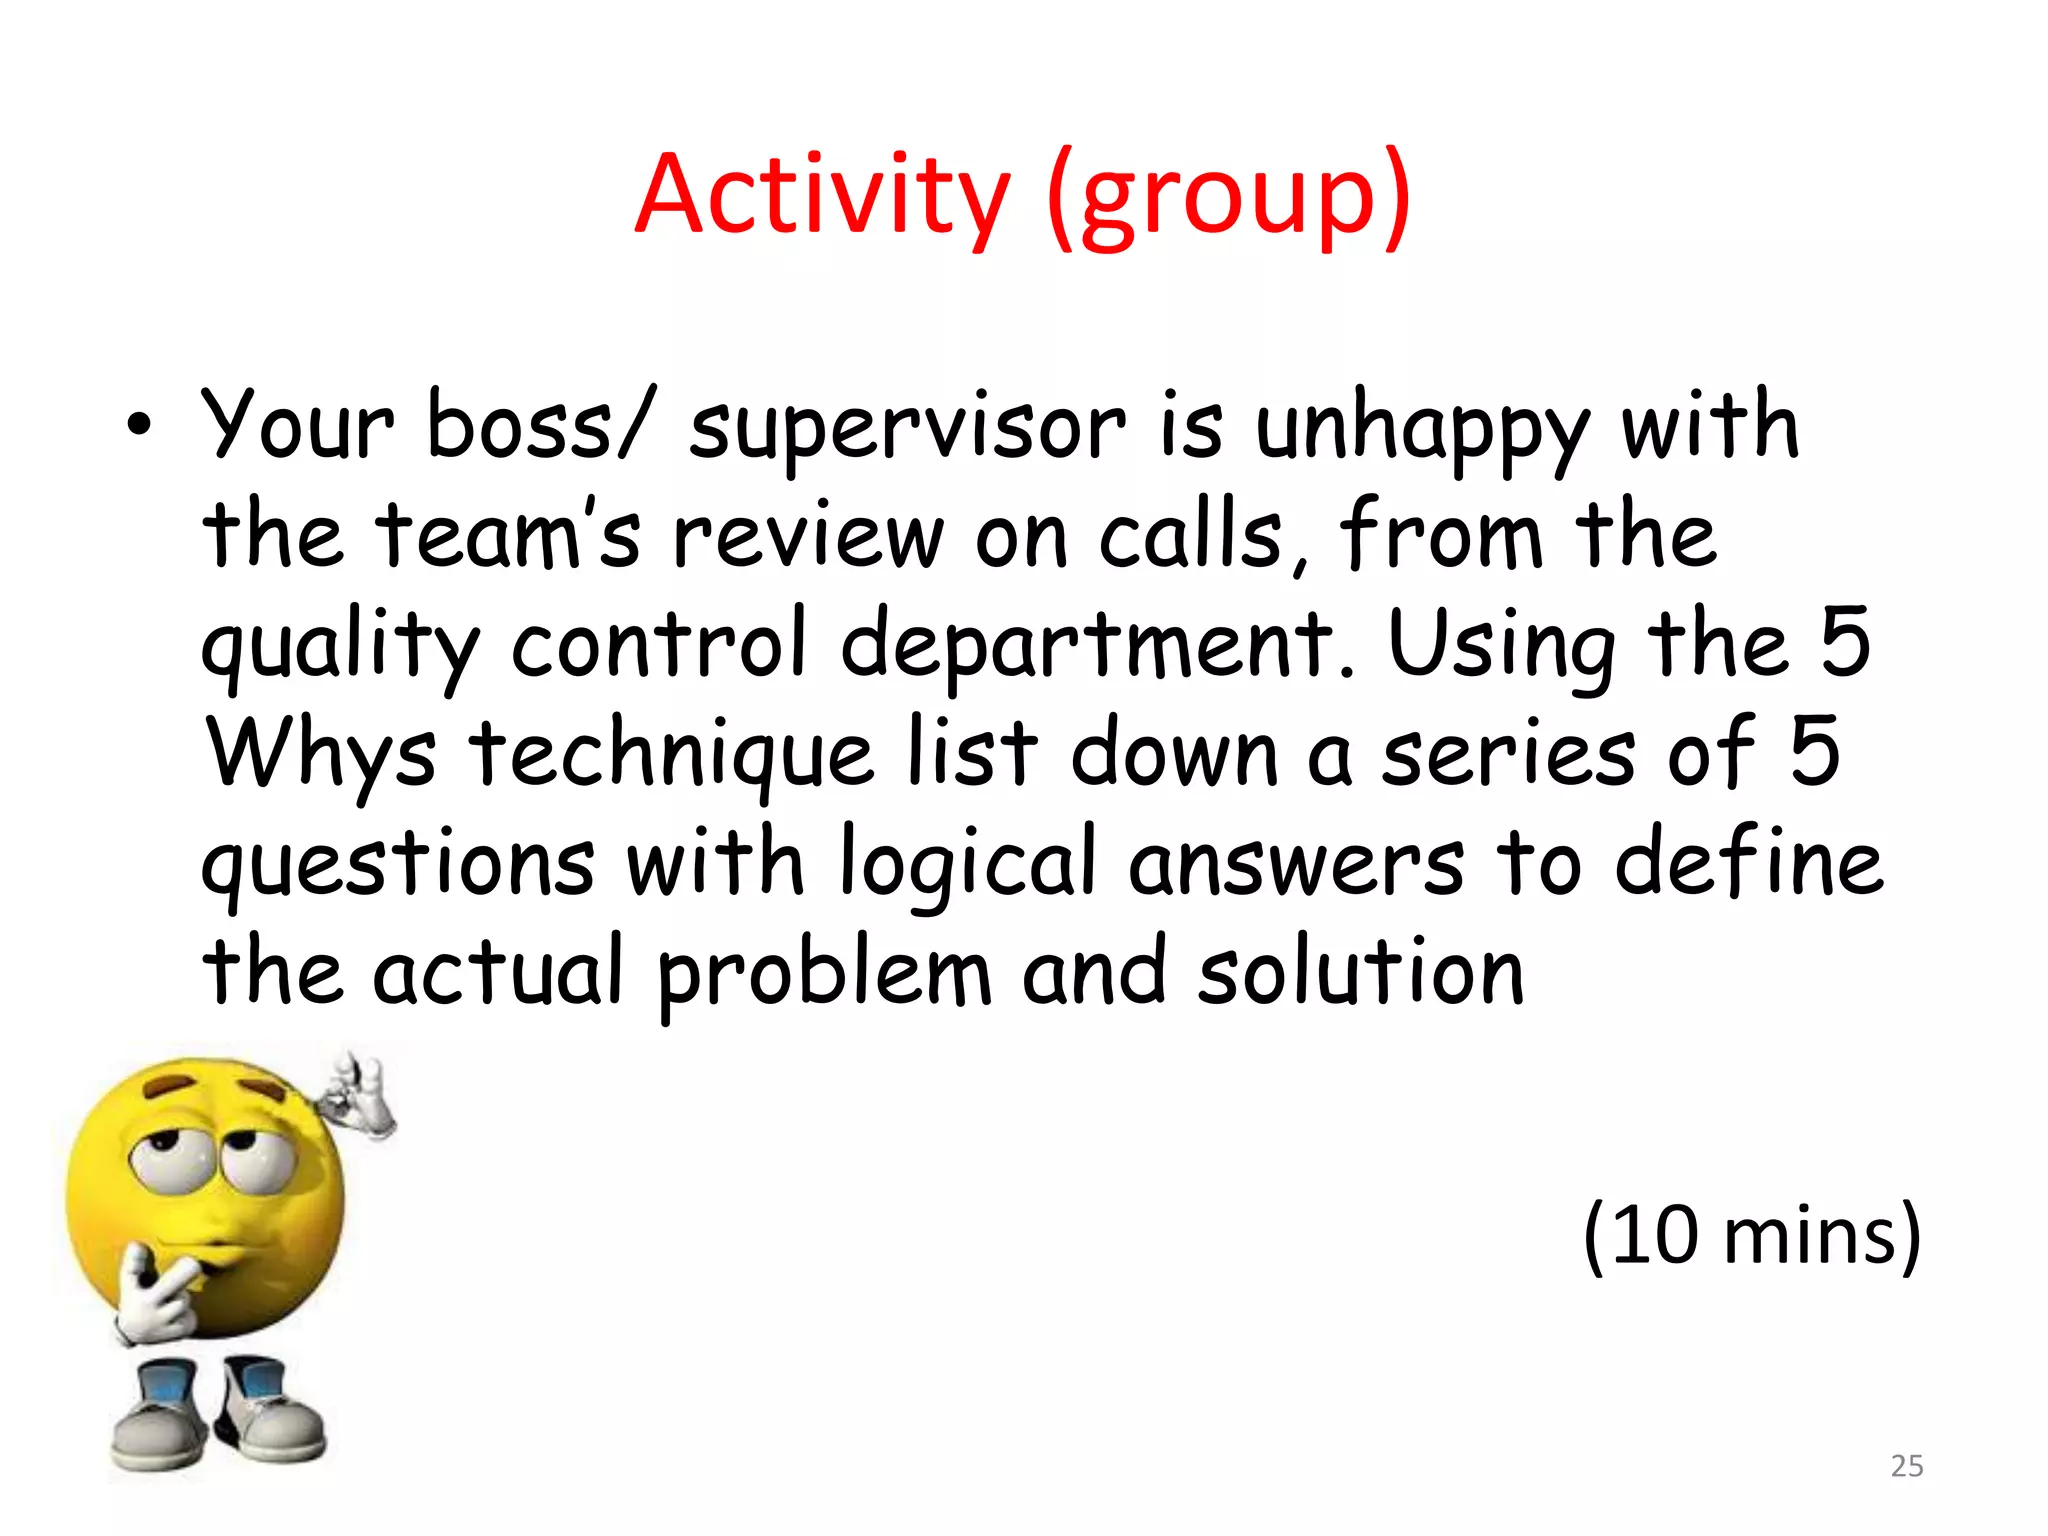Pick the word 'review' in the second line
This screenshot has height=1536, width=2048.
pyautogui.click(x=808, y=536)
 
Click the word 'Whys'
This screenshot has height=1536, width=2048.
pyautogui.click(x=320, y=755)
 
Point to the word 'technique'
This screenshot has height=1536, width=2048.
pyautogui.click(x=672, y=755)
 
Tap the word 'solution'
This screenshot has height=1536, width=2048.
pyautogui.click(x=1361, y=973)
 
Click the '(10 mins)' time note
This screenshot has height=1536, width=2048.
pyautogui.click(x=1751, y=1236)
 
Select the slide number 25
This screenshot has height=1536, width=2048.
pyautogui.click(x=1907, y=1466)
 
